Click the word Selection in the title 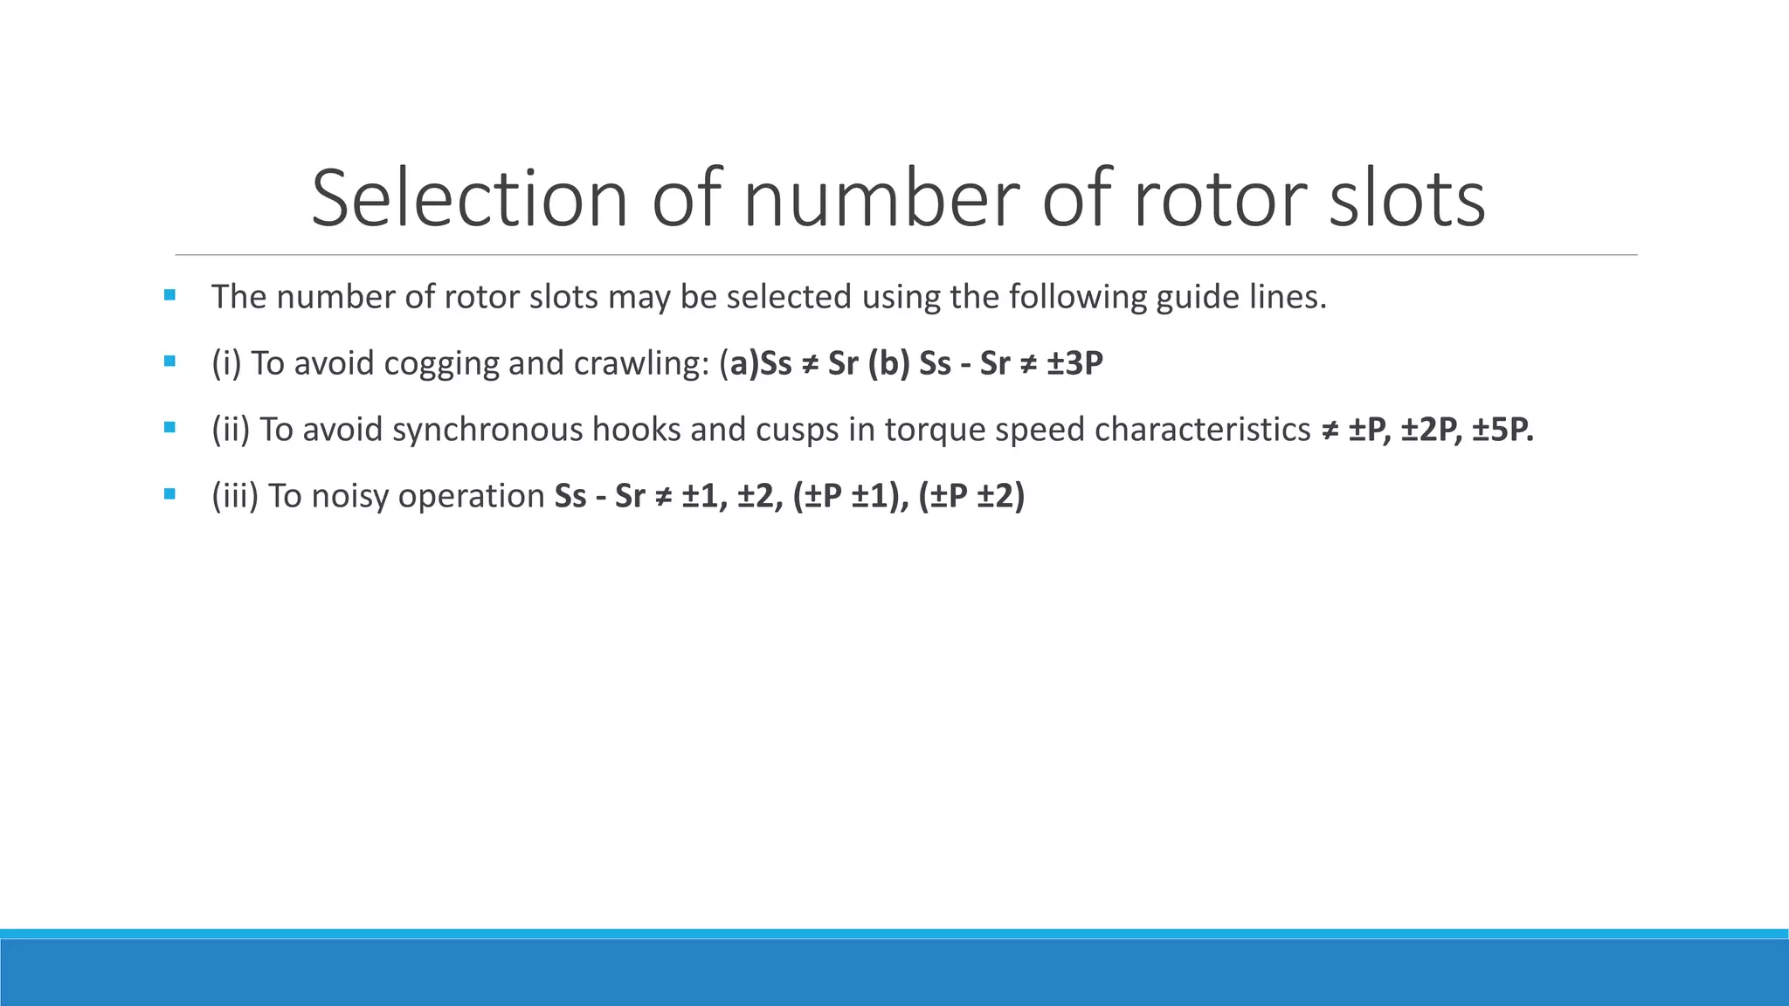469,199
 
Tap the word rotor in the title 1219,199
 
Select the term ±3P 1074,363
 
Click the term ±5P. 1502,430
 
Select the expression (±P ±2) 971,496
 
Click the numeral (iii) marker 235,496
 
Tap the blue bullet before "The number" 169,295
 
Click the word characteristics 1203,430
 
